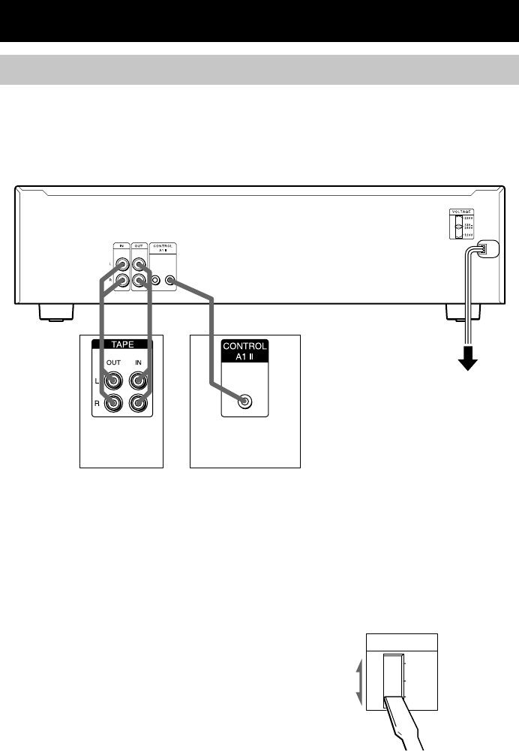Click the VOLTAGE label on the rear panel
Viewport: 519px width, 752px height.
coord(462,212)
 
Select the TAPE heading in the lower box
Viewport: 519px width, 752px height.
coord(121,346)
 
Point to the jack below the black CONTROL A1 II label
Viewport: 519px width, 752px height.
coord(244,402)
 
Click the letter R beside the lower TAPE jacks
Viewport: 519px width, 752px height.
coord(97,402)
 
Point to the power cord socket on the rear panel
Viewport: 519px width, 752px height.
coord(485,250)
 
